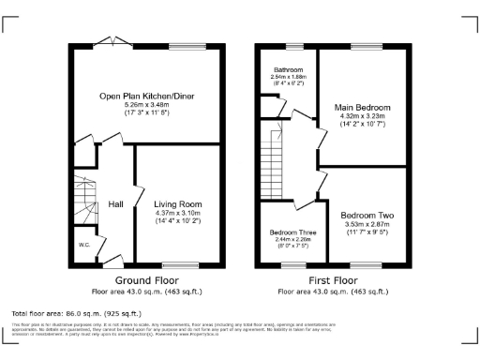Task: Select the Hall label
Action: [x=115, y=203]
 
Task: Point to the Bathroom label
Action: [x=288, y=70]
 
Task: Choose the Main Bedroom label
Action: [x=363, y=108]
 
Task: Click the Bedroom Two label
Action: [x=367, y=215]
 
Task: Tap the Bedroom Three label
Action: [x=292, y=232]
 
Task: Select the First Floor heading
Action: [x=333, y=280]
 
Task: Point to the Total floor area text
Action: [x=76, y=311]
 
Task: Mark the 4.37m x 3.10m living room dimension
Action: [x=177, y=213]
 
